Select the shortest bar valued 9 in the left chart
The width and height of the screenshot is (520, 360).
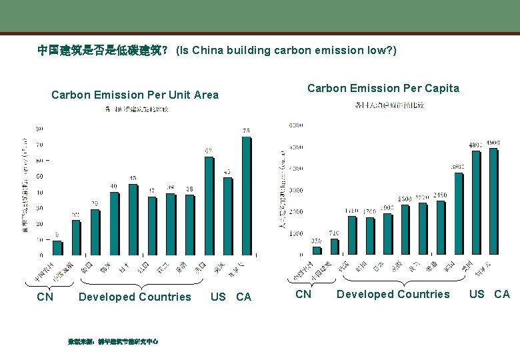pyautogui.click(x=57, y=247)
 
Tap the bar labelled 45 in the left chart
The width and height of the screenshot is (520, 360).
pyautogui.click(x=133, y=219)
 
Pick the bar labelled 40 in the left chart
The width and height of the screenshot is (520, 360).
pyautogui.click(x=115, y=223)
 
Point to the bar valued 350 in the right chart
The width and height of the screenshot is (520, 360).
pyautogui.click(x=317, y=251)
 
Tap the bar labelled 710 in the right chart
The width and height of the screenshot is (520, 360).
pyautogui.click(x=334, y=247)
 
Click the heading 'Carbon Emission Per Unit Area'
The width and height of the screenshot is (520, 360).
pyautogui.click(x=135, y=95)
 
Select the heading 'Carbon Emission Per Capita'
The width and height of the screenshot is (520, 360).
pyautogui.click(x=383, y=88)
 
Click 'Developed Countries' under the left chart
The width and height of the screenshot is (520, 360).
pyautogui.click(x=135, y=297)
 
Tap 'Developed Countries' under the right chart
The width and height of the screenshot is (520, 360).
pyautogui.click(x=393, y=294)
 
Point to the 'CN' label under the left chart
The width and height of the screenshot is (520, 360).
pyautogui.click(x=45, y=297)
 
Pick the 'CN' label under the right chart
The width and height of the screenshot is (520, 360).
pyautogui.click(x=303, y=294)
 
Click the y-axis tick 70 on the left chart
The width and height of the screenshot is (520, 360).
pyautogui.click(x=40, y=144)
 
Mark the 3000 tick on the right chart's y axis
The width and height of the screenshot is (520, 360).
pyautogui.click(x=295, y=190)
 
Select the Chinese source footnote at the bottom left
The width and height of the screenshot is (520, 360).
pyautogui.click(x=113, y=341)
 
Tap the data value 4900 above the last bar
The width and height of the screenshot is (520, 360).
pyautogui.click(x=493, y=143)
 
